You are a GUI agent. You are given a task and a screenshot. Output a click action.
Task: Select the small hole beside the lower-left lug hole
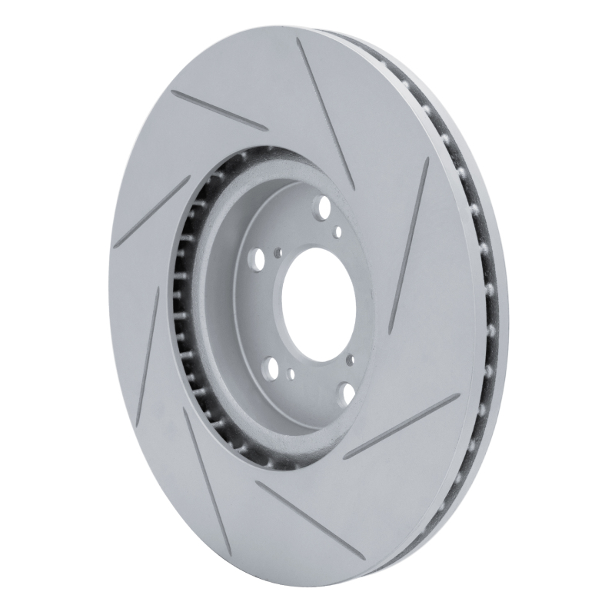[291, 374]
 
